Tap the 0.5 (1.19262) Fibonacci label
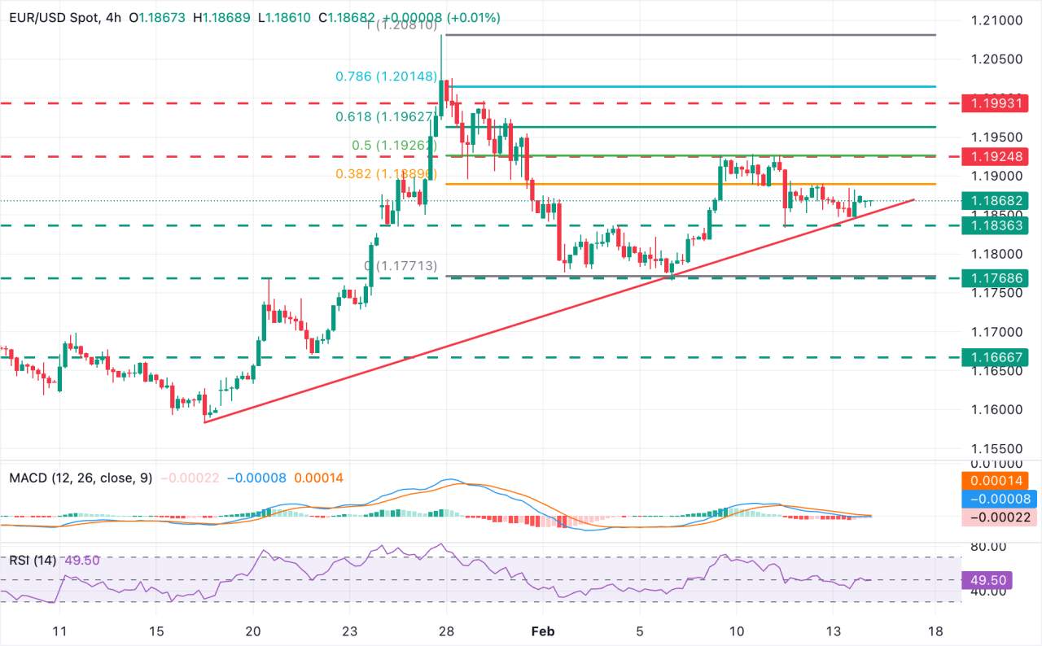396,145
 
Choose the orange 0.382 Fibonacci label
387,174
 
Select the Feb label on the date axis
542,631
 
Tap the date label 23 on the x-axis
350,631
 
